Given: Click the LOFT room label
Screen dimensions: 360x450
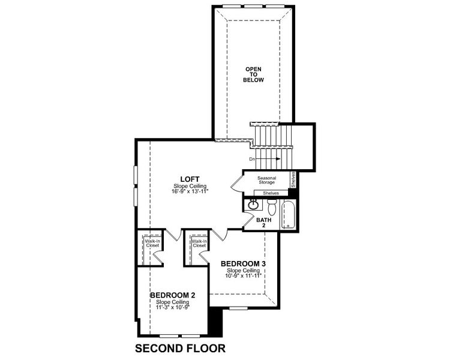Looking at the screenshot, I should [x=189, y=179].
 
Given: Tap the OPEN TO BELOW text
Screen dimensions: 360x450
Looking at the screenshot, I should [x=254, y=74].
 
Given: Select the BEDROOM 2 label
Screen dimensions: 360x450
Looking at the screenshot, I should [x=173, y=295].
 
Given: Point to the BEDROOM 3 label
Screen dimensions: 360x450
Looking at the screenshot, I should [x=243, y=263].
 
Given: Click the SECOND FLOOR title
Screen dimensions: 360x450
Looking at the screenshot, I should [x=179, y=349].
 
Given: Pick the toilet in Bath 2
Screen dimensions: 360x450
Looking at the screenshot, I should [x=271, y=208].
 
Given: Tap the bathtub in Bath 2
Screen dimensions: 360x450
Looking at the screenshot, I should [x=289, y=215].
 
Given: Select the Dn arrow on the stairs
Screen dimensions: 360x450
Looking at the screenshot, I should [x=263, y=159].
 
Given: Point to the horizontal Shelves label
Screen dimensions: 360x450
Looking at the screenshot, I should [x=271, y=193].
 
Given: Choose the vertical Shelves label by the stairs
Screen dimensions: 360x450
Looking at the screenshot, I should [x=293, y=180].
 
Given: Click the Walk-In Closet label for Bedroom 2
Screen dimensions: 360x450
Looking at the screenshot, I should [x=150, y=243].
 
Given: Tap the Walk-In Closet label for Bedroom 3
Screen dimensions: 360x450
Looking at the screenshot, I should [x=199, y=243].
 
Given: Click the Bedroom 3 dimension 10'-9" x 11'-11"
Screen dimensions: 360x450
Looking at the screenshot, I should [x=243, y=276].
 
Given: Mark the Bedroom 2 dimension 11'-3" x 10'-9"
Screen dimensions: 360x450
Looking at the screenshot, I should [x=173, y=308].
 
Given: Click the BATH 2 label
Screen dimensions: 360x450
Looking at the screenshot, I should [x=264, y=223].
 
